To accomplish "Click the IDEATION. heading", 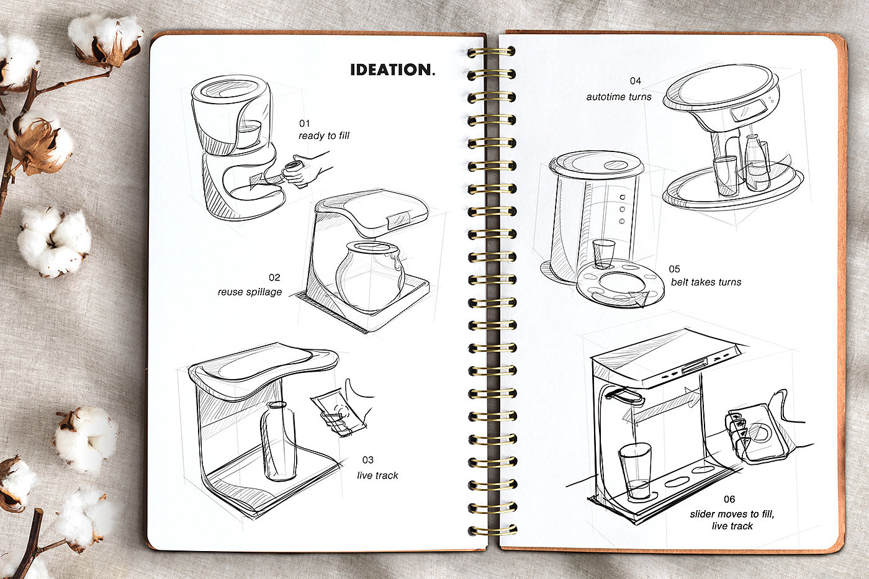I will pyautogui.click(x=392, y=70).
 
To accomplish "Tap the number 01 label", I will pyautogui.click(x=304, y=123).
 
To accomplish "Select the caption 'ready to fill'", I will pyautogui.click(x=323, y=136).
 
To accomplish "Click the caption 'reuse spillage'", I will pyautogui.click(x=250, y=292).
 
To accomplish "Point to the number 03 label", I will pyautogui.click(x=368, y=460).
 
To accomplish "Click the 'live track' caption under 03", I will pyautogui.click(x=377, y=475).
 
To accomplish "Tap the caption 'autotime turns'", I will pyautogui.click(x=619, y=97).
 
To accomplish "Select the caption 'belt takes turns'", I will pyautogui.click(x=706, y=282).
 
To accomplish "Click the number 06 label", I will pyautogui.click(x=729, y=499).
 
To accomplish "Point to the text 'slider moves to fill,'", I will pyautogui.click(x=732, y=514).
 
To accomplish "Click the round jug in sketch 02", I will pyautogui.click(x=370, y=276).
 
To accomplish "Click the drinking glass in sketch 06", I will pyautogui.click(x=635, y=470).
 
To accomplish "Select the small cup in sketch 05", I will pyautogui.click(x=603, y=253).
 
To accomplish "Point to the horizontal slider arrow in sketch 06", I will pyautogui.click(x=661, y=407).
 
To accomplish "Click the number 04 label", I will pyautogui.click(x=635, y=81).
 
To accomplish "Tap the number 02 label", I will pyautogui.click(x=274, y=277).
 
